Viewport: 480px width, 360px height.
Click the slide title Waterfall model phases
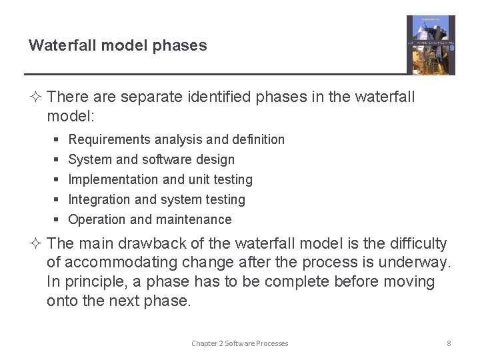point(117,46)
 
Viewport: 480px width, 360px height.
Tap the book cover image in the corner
point(431,45)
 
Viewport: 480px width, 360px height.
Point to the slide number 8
point(449,343)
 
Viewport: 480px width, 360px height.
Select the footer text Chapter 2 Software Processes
point(240,343)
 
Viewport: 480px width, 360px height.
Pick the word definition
point(259,140)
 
